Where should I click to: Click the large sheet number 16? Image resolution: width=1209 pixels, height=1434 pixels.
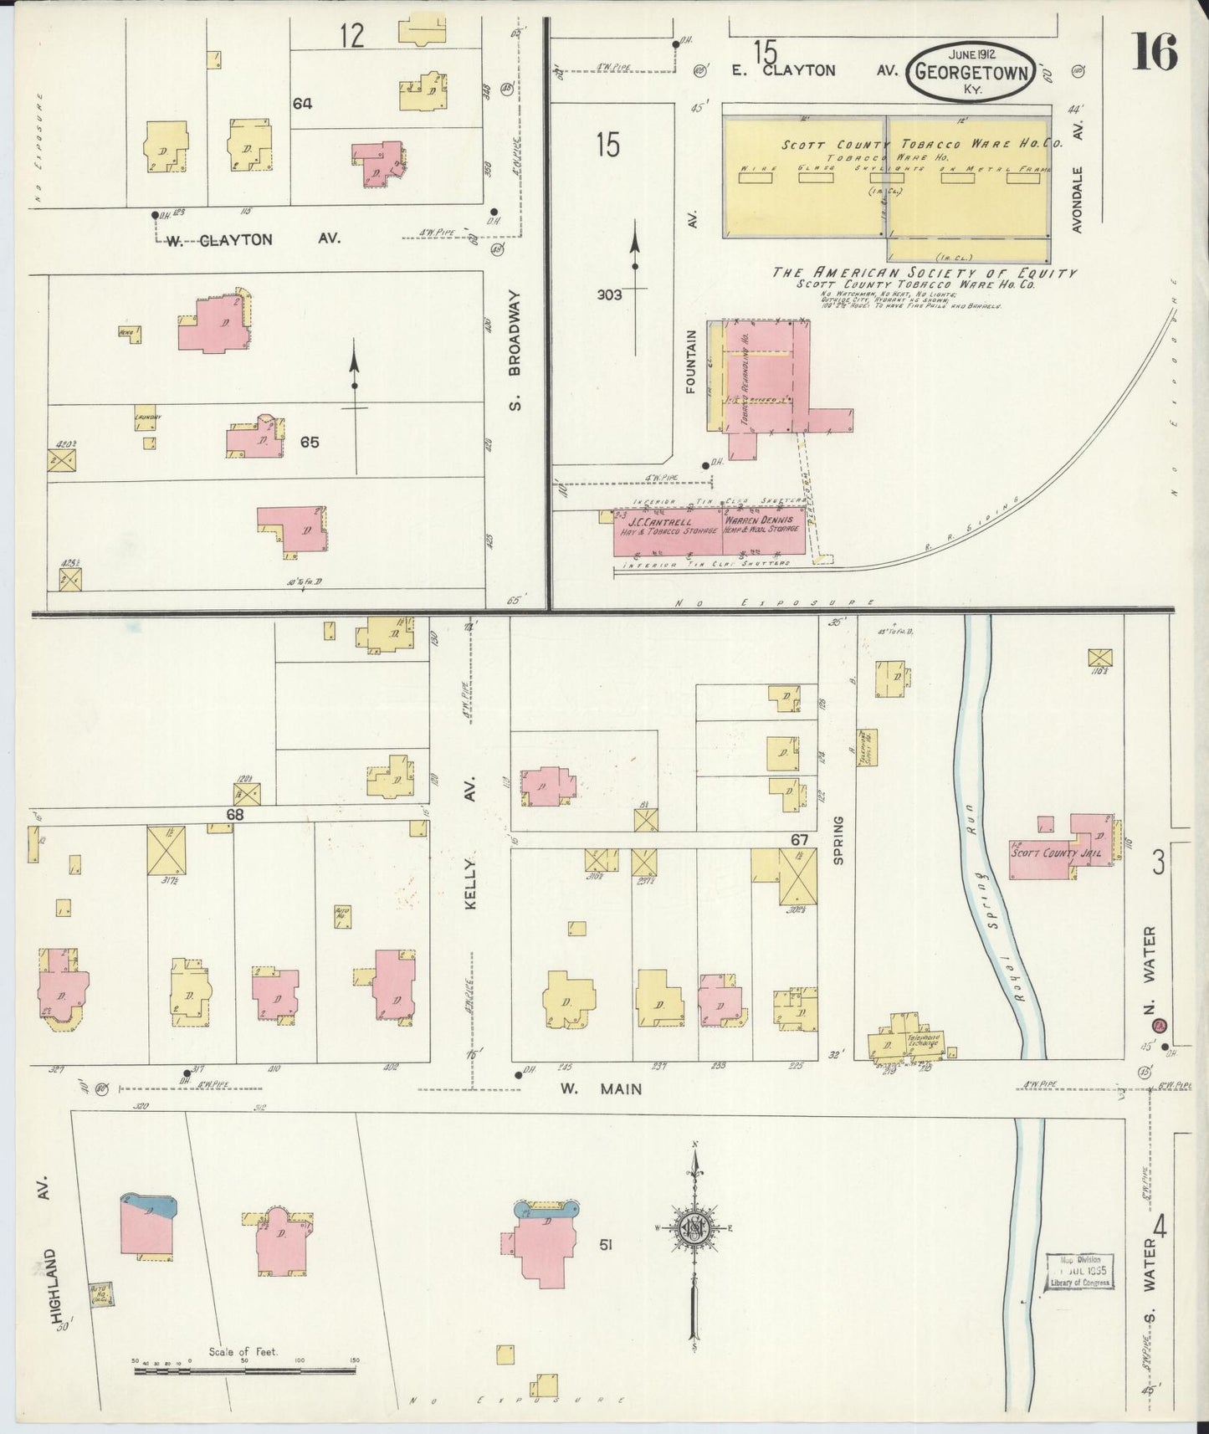[x=1155, y=52]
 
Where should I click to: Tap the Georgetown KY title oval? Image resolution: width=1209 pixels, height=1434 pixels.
[x=971, y=71]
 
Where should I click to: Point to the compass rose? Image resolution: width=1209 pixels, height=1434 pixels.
[x=697, y=1227]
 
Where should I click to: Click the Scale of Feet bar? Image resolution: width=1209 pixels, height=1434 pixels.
[x=243, y=1370]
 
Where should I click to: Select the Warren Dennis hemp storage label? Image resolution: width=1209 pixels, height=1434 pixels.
[x=763, y=525]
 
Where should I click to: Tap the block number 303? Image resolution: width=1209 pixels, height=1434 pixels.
[x=609, y=294]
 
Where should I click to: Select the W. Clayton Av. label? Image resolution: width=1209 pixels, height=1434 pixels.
[x=251, y=239]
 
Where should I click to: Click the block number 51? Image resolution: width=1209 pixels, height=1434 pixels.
[x=605, y=1245]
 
